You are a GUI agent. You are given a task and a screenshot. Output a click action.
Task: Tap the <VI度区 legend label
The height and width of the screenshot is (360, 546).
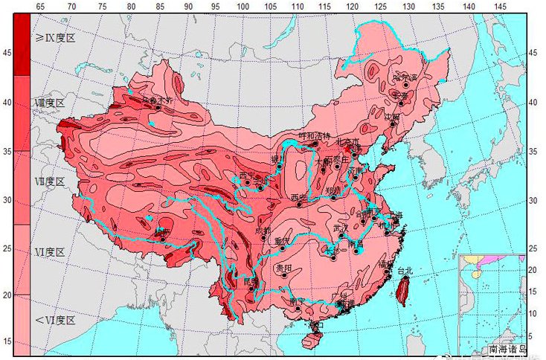click(53, 320)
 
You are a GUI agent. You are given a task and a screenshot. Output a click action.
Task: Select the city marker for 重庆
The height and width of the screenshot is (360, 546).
click(282, 248)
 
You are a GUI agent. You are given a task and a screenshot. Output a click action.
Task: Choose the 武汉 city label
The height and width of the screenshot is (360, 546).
click(341, 227)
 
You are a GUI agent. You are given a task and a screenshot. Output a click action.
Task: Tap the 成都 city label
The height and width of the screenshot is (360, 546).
click(263, 231)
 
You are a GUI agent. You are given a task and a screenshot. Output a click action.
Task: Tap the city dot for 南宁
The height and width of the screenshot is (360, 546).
click(297, 308)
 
